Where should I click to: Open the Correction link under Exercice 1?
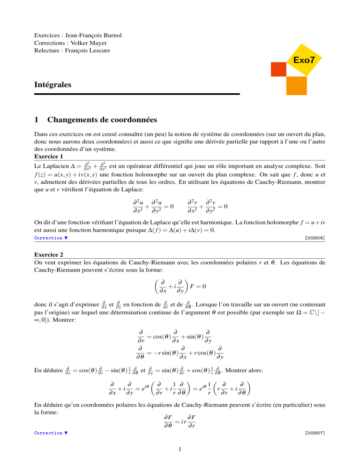(49, 238)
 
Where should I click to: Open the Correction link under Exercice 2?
(49, 433)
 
